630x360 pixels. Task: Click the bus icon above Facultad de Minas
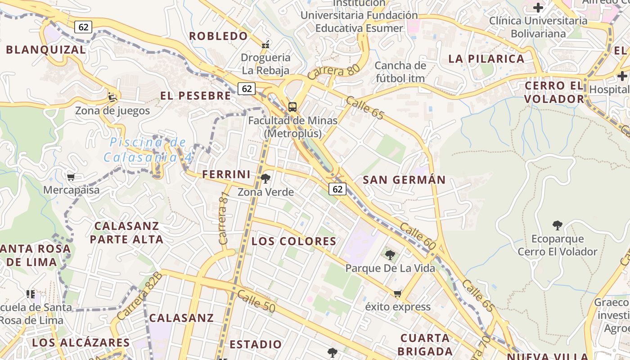(x=292, y=107)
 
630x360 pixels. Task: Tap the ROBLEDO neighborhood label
(x=219, y=36)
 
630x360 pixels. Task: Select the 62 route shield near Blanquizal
(x=83, y=27)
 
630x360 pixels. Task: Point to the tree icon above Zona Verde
(x=265, y=179)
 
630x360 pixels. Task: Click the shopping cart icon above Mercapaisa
(x=71, y=177)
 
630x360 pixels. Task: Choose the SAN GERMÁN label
(x=404, y=180)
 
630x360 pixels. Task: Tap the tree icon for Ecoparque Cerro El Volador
(x=558, y=225)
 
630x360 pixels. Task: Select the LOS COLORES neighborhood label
(x=294, y=242)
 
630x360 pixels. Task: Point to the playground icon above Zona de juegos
(x=112, y=97)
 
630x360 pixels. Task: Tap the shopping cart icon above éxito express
(x=397, y=294)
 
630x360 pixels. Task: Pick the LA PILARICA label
(x=486, y=59)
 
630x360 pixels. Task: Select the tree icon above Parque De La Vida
(x=390, y=255)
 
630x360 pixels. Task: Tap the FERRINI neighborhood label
(x=226, y=175)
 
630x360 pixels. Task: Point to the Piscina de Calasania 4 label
(x=148, y=150)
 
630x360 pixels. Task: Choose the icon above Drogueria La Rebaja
(x=265, y=44)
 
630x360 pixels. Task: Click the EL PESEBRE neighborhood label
(x=196, y=96)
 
